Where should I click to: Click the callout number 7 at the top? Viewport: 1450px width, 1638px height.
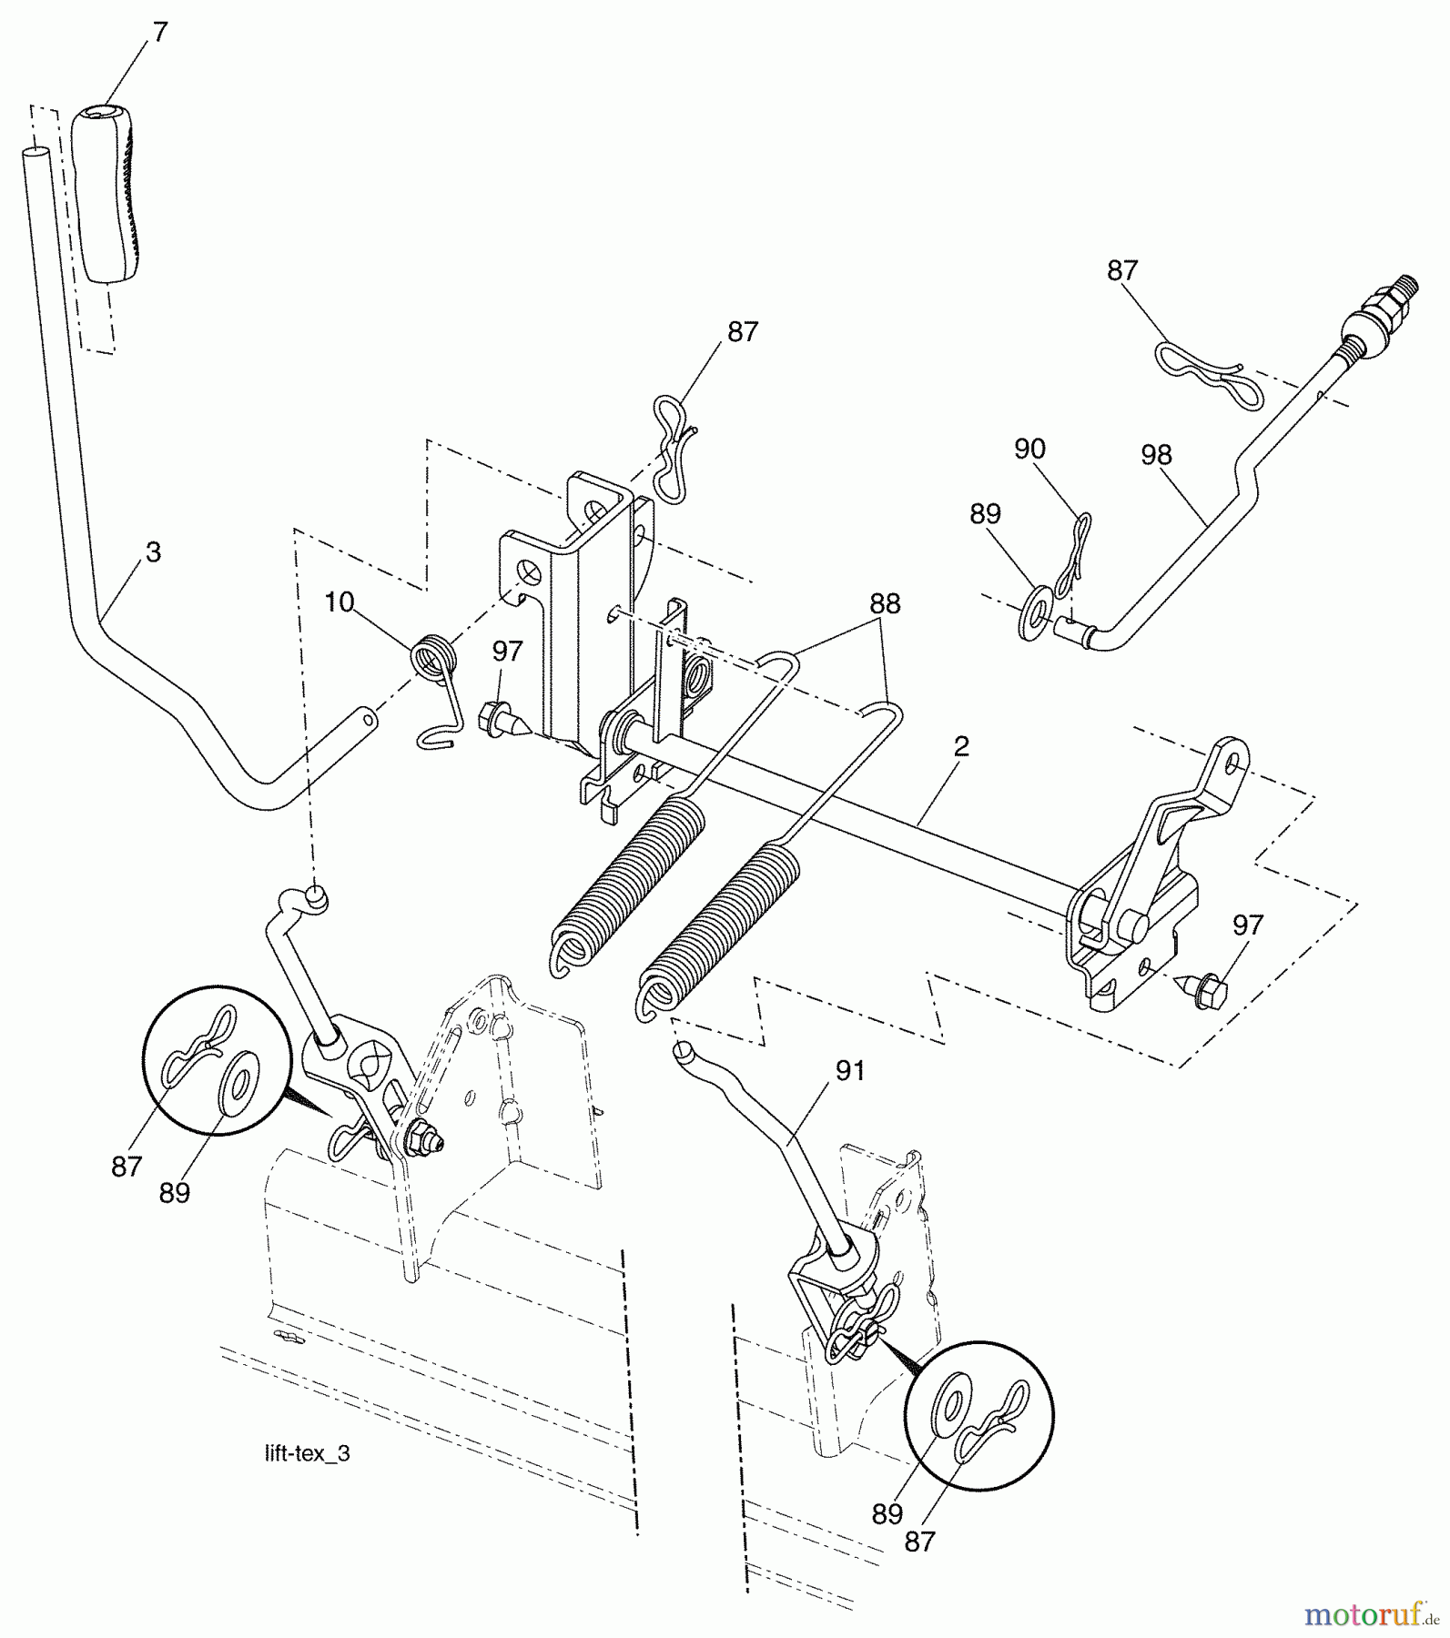160,34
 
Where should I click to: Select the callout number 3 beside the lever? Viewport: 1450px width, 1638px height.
153,552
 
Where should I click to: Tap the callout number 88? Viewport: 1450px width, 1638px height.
884,603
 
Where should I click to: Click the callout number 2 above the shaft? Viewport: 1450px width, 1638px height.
961,747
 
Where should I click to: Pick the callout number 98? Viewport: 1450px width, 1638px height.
1156,455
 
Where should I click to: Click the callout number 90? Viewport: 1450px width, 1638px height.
1029,449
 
